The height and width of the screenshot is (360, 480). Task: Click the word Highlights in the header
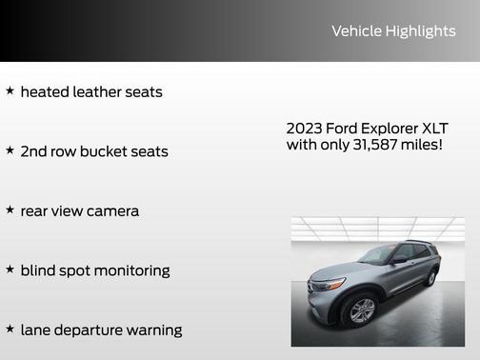tap(420, 31)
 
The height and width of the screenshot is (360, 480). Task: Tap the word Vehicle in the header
tap(356, 31)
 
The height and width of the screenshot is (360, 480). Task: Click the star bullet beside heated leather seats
tap(10, 91)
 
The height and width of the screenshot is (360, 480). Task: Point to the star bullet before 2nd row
tap(10, 150)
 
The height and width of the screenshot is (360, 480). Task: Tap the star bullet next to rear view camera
tap(10, 210)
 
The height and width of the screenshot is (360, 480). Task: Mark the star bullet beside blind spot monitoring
tap(10, 270)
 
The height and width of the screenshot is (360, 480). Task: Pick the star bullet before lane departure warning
tap(10, 329)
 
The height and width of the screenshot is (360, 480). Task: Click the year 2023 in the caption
tap(305, 129)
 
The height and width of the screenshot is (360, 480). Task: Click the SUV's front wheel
tap(361, 310)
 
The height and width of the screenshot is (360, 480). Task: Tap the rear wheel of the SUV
tap(431, 278)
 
